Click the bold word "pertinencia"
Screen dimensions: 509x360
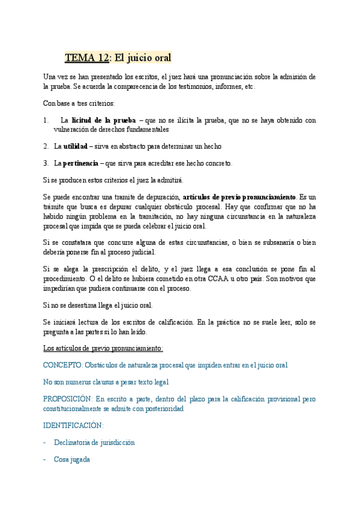pos(80,163)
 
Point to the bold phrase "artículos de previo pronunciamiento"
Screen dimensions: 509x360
pos(239,197)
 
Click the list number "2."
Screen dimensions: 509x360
pos(46,146)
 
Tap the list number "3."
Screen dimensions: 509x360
pos(46,163)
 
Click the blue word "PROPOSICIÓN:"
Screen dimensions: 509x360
pos(68,399)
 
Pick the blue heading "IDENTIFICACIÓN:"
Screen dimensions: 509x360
pos(73,426)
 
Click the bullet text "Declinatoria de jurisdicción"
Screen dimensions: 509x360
pos(94,442)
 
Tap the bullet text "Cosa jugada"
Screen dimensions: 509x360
pos(72,460)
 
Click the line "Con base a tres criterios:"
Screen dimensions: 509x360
pos(79,103)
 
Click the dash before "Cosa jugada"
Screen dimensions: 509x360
pos(46,460)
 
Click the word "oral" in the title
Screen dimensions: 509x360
pos(160,58)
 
